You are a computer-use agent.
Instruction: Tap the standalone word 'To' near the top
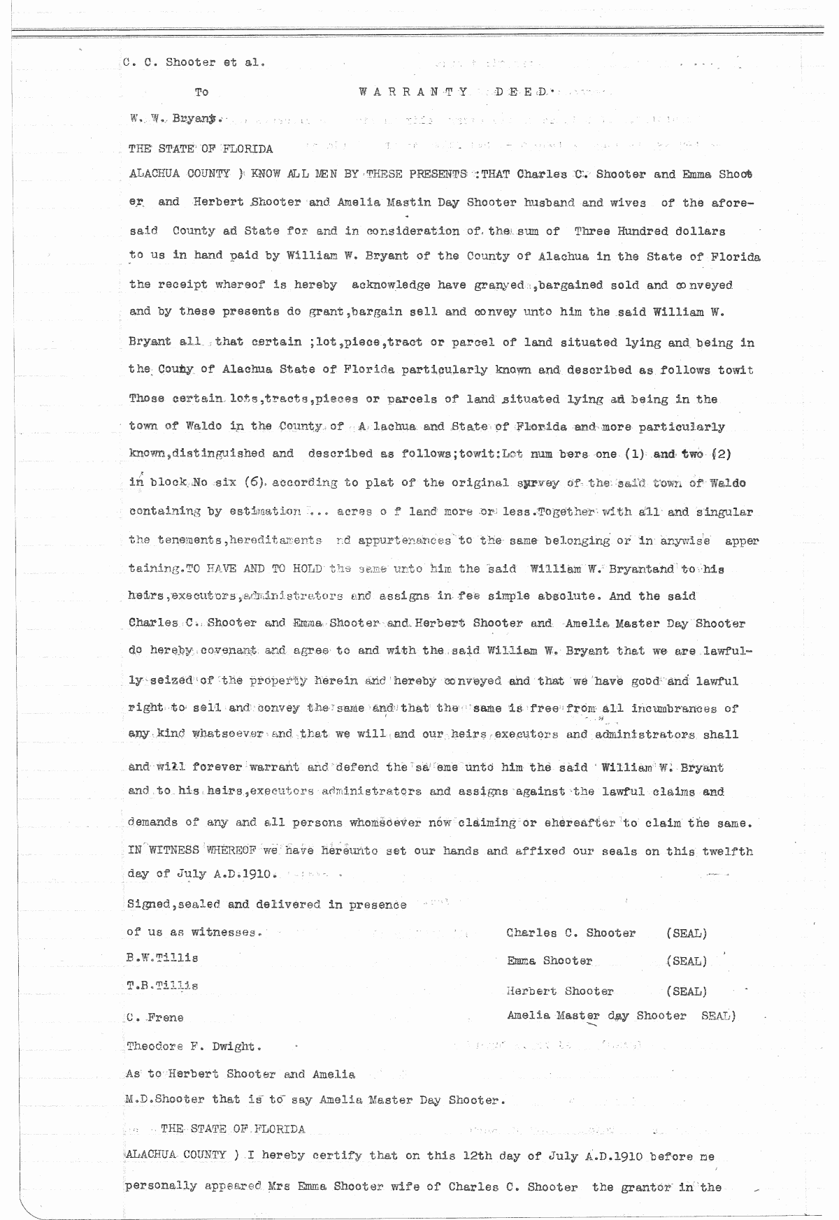(x=201, y=92)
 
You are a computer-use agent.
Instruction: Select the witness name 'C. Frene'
(x=155, y=1017)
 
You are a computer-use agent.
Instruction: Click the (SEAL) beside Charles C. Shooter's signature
(x=686, y=933)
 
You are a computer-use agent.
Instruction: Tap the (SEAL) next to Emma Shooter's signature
(x=686, y=961)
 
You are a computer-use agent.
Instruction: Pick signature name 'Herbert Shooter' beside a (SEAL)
(x=560, y=991)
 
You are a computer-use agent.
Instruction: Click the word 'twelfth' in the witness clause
(x=728, y=852)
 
